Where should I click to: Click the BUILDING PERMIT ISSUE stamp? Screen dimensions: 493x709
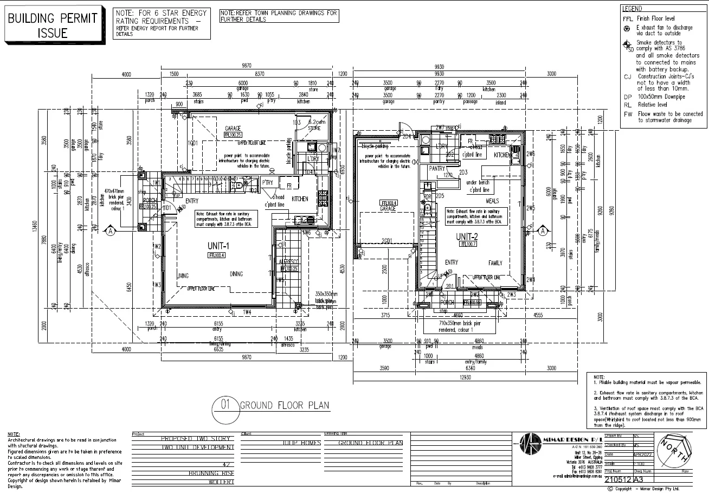coord(53,25)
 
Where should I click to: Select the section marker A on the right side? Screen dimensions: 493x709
coord(542,231)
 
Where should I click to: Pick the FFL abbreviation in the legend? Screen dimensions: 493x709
coord(627,18)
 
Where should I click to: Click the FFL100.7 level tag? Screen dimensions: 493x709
coord(467,244)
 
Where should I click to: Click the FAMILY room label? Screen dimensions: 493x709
coord(495,262)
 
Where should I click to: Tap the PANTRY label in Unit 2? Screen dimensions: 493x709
coord(437,169)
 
